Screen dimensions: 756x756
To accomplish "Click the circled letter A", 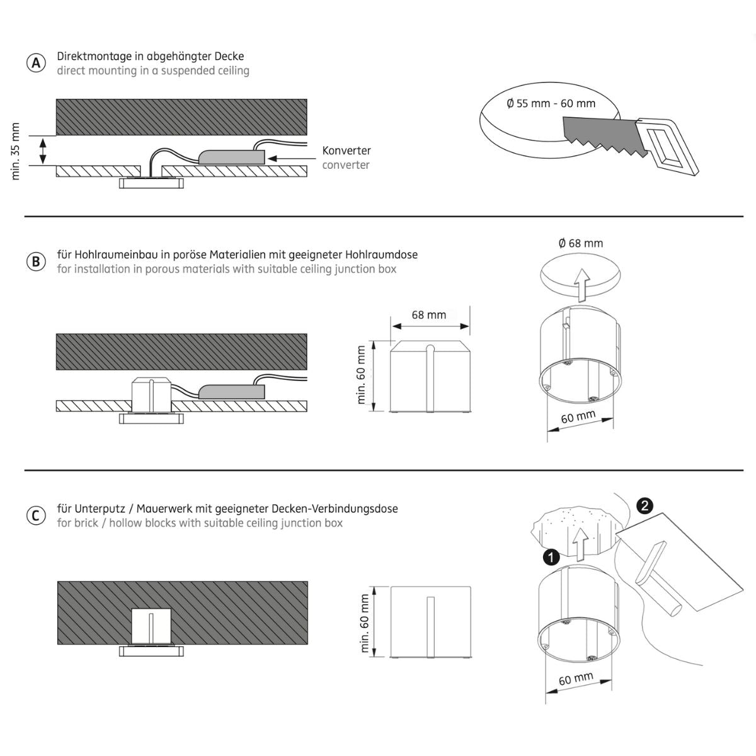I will [37, 63].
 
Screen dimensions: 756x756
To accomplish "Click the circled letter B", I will [37, 261].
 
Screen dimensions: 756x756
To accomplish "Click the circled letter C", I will [37, 515].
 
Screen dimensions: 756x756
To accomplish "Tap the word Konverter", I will [346, 151].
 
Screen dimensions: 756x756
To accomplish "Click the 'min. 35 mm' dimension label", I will [16, 151].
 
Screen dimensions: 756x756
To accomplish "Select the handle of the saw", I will [668, 145].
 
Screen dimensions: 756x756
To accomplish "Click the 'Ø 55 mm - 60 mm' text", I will [551, 103].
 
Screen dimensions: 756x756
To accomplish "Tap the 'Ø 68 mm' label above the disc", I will [581, 243].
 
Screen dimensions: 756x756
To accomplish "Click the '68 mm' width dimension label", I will [428, 314].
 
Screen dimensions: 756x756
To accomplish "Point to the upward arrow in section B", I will [583, 283].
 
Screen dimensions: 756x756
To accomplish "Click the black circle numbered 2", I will [644, 505].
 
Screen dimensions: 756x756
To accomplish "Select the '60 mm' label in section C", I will [576, 679].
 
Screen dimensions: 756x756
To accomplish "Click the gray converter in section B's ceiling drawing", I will [232, 391].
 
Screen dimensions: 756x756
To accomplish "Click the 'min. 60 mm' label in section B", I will [362, 374].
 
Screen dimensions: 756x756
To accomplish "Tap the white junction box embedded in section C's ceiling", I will [151, 626].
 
